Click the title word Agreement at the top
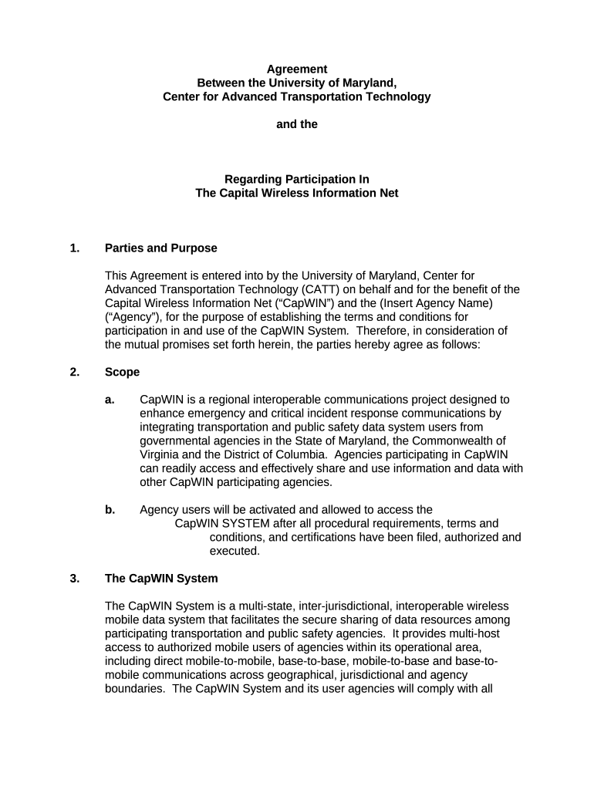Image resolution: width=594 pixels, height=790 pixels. coord(297,69)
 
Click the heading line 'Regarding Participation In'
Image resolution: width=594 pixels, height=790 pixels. coord(297,179)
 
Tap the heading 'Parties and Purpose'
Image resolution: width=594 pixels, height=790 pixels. coord(161,248)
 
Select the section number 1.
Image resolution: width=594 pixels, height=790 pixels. coord(74,248)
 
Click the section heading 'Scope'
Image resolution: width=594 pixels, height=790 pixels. coord(122,372)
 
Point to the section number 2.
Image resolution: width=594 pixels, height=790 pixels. coord(74,372)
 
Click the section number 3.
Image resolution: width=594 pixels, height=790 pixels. coord(74,579)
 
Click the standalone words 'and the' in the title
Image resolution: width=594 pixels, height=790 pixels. coord(297,124)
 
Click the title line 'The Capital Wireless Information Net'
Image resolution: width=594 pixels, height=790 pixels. coord(297,193)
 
